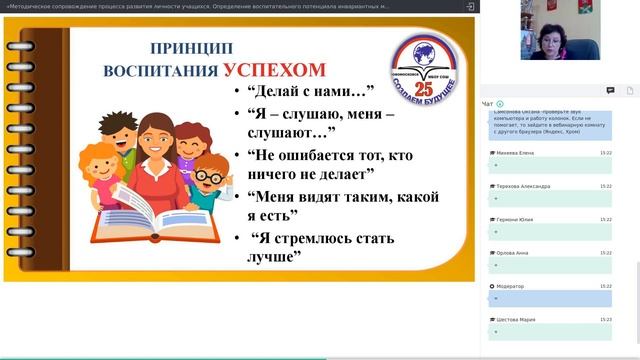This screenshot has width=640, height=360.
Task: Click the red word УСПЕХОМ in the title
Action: (274, 69)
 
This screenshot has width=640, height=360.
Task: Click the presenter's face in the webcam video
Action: (552, 20)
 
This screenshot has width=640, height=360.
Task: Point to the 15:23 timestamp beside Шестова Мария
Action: (606, 319)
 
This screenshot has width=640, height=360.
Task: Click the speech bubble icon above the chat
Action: (610, 90)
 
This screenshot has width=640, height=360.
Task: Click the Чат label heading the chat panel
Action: (487, 103)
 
